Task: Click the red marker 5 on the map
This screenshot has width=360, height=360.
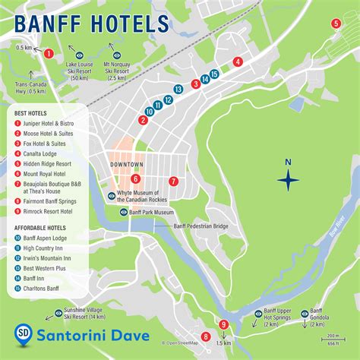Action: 336,24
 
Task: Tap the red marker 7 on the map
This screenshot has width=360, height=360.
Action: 173,182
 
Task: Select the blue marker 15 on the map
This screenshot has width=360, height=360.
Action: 215,74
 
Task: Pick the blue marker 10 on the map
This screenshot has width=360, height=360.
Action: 150,111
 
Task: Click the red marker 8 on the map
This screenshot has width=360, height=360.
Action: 206,336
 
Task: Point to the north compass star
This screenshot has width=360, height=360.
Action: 288,180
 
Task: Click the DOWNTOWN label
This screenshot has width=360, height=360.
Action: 127,165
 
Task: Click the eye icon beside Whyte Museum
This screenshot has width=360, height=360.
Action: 112,196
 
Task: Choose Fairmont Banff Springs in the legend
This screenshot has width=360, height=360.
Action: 49,201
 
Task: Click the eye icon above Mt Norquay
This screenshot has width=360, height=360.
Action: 116,55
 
